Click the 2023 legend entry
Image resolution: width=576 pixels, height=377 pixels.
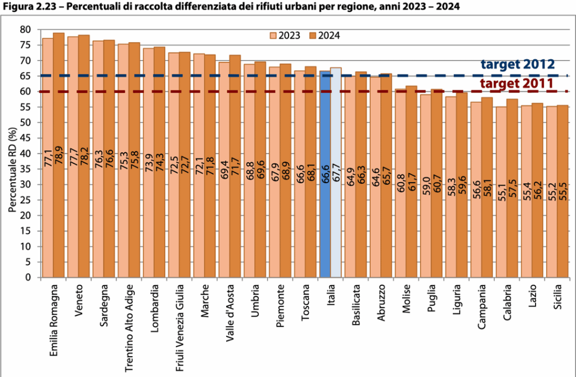tap(285, 35)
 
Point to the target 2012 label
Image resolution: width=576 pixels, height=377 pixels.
tap(517, 64)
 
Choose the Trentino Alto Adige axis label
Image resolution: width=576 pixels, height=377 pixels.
tap(129, 326)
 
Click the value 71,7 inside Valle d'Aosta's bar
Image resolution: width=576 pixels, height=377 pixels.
tap(235, 169)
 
